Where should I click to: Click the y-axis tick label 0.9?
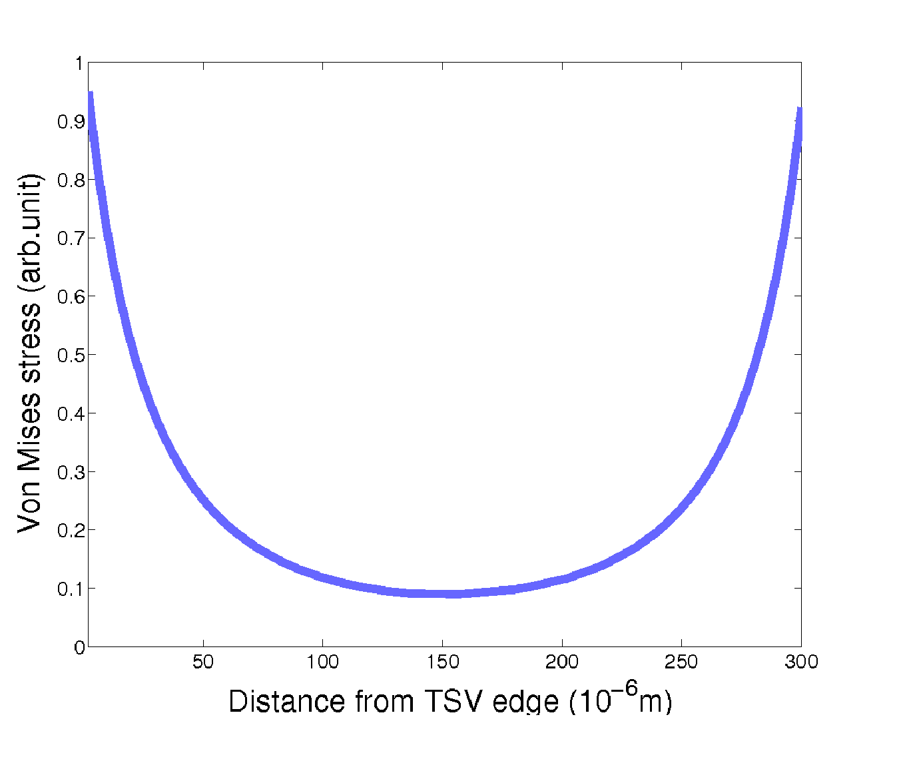pyautogui.click(x=71, y=122)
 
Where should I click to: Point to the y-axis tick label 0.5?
pyautogui.click(x=71, y=355)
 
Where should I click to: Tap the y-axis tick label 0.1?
pyautogui.click(x=71, y=589)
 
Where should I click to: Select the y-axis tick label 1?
pyautogui.click(x=79, y=63)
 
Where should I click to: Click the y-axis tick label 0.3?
pyautogui.click(x=71, y=472)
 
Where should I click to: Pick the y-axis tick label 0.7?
pyautogui.click(x=71, y=238)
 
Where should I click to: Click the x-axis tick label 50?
pyautogui.click(x=203, y=662)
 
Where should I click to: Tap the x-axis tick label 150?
pyautogui.click(x=442, y=662)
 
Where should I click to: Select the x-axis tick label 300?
pyautogui.click(x=801, y=662)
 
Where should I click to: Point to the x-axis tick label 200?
pyautogui.click(x=562, y=662)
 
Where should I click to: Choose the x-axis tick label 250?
pyautogui.click(x=681, y=662)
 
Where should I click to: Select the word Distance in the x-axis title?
pyautogui.click(x=287, y=702)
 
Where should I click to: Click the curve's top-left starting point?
pyautogui.click(x=90, y=95)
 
